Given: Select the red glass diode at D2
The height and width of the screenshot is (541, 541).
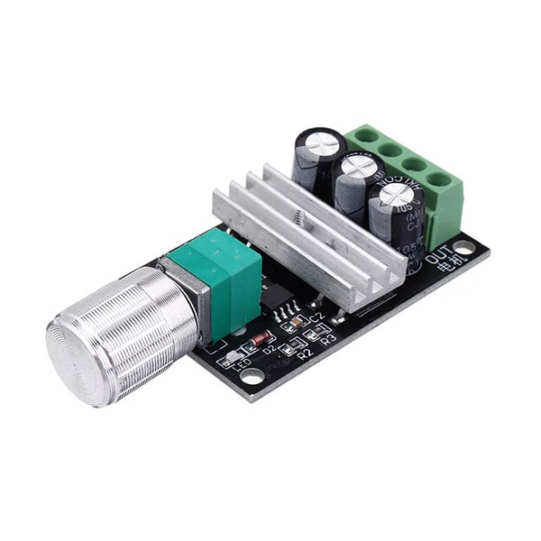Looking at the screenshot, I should point(261,339).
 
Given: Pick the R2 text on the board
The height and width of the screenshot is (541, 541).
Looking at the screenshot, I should point(304,354).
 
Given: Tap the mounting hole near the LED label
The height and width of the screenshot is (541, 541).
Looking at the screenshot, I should point(252,373).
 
